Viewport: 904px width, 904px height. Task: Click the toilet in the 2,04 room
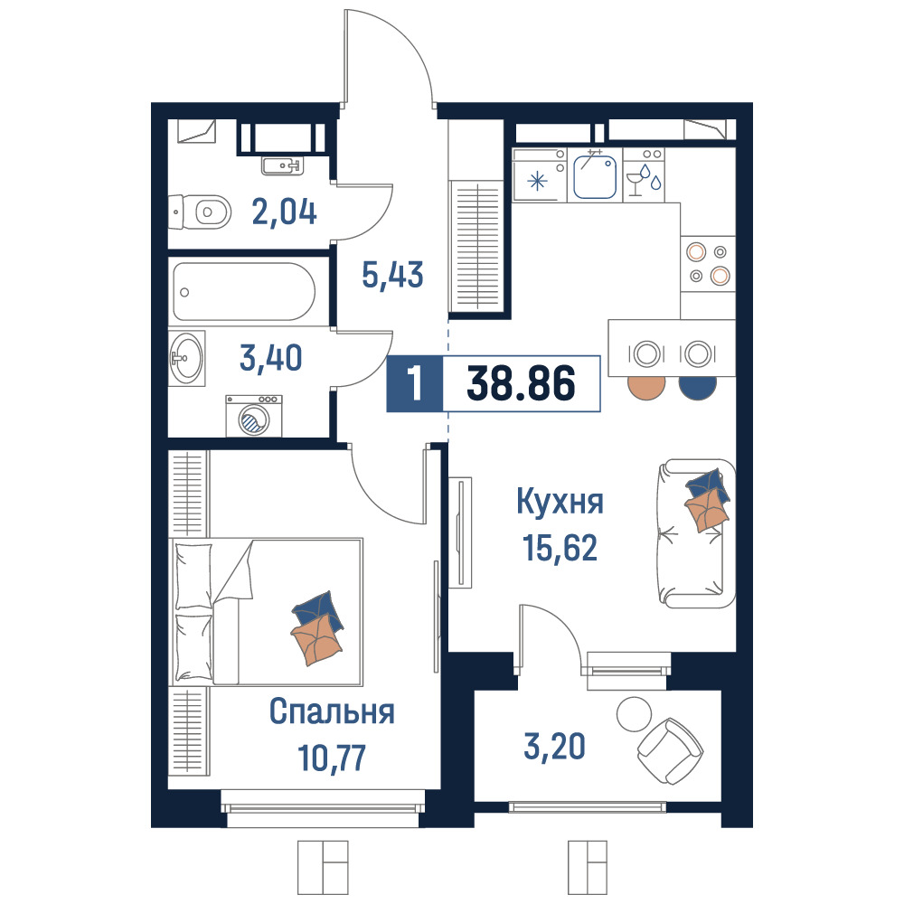tap(200, 212)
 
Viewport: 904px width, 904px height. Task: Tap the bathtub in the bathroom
tap(244, 292)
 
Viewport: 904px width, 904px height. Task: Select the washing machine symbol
tap(254, 416)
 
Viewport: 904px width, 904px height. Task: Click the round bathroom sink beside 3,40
tap(187, 358)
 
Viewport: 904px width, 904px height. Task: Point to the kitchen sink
tap(595, 174)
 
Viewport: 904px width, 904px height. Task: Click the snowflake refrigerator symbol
tap(538, 183)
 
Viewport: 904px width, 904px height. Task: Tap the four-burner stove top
tap(708, 264)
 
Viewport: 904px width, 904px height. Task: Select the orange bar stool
tap(646, 388)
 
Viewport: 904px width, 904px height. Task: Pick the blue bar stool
tap(698, 388)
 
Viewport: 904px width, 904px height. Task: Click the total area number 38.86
tap(522, 383)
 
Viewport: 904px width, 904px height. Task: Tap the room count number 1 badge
tap(415, 383)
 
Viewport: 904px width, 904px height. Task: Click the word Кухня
tap(560, 502)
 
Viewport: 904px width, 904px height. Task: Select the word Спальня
tap(332, 711)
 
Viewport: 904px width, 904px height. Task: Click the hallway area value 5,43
tap(392, 275)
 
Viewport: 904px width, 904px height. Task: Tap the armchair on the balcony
tap(671, 751)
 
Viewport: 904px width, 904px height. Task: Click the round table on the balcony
tap(635, 714)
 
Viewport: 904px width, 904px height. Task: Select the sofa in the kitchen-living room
tap(696, 533)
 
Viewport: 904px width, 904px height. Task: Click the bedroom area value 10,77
tap(332, 758)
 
